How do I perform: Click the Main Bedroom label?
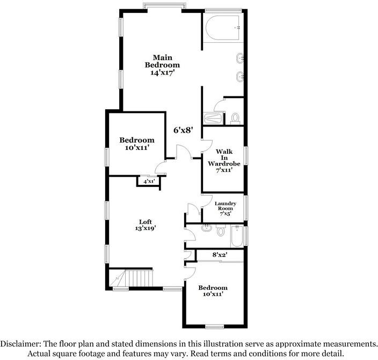[x=162, y=61]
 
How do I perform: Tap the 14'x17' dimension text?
[x=162, y=73]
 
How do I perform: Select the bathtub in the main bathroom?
[x=223, y=28]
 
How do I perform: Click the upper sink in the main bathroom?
[x=240, y=58]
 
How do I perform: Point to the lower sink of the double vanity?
[x=240, y=77]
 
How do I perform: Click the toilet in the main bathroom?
[x=235, y=118]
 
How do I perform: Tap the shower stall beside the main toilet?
[x=213, y=118]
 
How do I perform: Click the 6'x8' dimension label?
[x=184, y=130]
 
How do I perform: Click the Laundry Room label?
[x=226, y=206]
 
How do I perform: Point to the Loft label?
[x=146, y=222]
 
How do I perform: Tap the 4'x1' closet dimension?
[x=149, y=181]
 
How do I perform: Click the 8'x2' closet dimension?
[x=219, y=254]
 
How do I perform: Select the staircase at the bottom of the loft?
[x=131, y=278]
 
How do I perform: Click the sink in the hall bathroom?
[x=207, y=228]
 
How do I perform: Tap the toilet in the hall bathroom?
[x=221, y=230]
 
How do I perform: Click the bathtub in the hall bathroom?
[x=237, y=236]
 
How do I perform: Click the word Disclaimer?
[x=20, y=343]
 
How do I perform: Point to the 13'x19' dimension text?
[x=146, y=228]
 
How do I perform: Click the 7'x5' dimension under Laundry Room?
[x=226, y=214]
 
